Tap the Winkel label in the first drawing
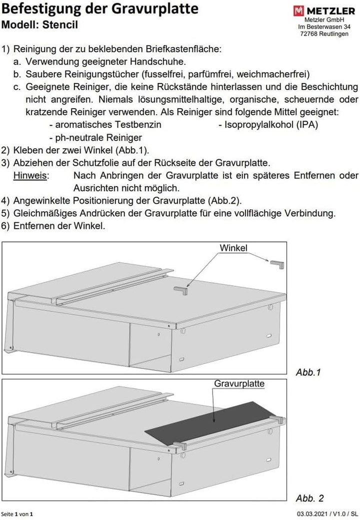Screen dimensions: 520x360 click(x=233, y=248)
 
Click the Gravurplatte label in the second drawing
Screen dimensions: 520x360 click(x=239, y=384)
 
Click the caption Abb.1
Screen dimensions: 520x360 click(x=308, y=372)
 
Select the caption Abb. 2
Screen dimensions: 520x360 click(x=310, y=498)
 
